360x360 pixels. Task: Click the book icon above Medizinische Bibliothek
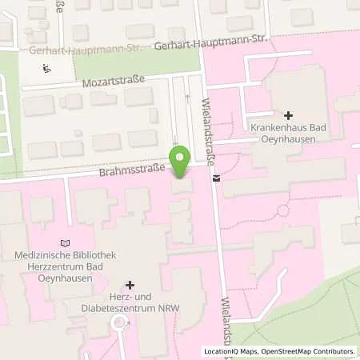tap(66, 243)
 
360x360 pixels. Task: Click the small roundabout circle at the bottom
tap(120, 323)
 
